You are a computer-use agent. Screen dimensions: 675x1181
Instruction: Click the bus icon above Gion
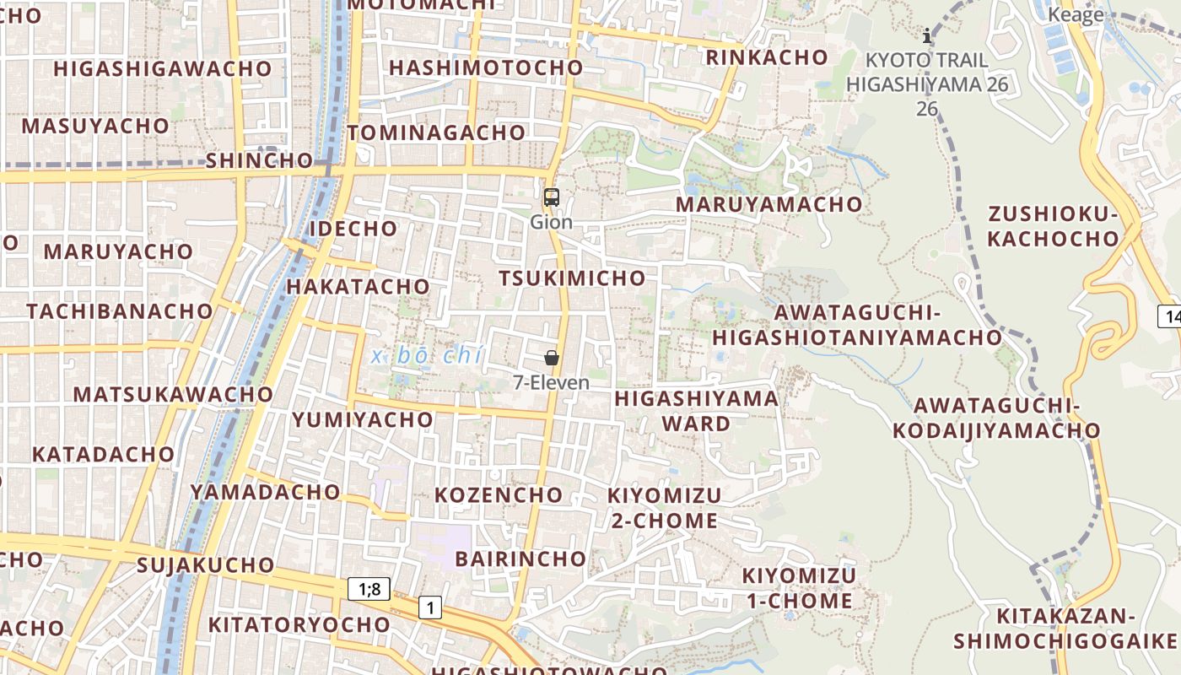pyautogui.click(x=551, y=197)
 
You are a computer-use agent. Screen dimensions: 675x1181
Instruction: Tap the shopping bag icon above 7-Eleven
pyautogui.click(x=552, y=358)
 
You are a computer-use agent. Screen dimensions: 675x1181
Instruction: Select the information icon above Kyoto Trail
pyautogui.click(x=927, y=35)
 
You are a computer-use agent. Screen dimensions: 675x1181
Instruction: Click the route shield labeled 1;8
pyautogui.click(x=369, y=589)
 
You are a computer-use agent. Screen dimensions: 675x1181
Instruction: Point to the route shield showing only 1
pyautogui.click(x=430, y=607)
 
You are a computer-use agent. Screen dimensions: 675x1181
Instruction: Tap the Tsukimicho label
pyautogui.click(x=572, y=278)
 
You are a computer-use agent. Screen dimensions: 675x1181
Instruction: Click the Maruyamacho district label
pyautogui.click(x=769, y=204)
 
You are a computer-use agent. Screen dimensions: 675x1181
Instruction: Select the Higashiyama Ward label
pyautogui.click(x=696, y=410)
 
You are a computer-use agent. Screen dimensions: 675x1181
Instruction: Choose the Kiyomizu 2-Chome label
pyautogui.click(x=665, y=508)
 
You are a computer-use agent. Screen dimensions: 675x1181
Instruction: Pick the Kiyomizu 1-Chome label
pyautogui.click(x=798, y=588)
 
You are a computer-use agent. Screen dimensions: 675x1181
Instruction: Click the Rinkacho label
pyautogui.click(x=767, y=57)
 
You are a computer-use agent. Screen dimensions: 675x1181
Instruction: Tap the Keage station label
pyautogui.click(x=1076, y=14)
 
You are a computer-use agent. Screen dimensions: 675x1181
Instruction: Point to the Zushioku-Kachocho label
pyautogui.click(x=1052, y=226)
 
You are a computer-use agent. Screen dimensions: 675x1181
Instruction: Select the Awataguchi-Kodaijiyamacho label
pyautogui.click(x=996, y=418)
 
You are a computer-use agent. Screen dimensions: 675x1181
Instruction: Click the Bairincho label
pyautogui.click(x=520, y=559)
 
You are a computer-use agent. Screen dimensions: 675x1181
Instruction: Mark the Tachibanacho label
pyautogui.click(x=120, y=311)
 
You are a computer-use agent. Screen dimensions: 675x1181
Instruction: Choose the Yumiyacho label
pyautogui.click(x=363, y=419)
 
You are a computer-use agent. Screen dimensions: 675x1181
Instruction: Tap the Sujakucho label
pyautogui.click(x=205, y=564)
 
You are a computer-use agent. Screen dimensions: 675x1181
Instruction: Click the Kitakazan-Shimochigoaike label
pyautogui.click(x=1065, y=629)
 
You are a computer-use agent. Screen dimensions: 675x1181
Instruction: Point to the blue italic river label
pyautogui.click(x=427, y=356)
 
